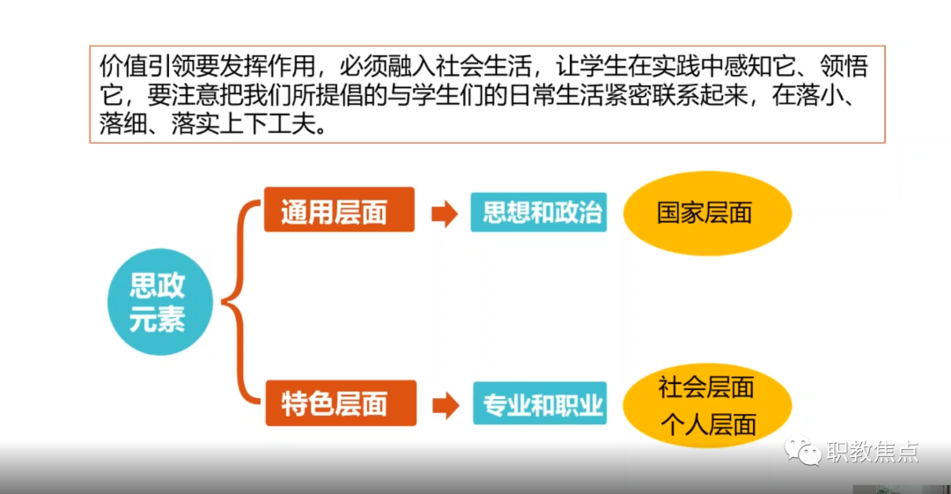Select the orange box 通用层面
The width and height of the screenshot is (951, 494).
coord(339,210)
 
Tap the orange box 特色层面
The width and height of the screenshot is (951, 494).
coord(341,403)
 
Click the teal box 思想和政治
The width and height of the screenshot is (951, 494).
coord(539,212)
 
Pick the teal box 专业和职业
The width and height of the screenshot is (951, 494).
coord(540,403)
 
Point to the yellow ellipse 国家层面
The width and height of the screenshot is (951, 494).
coord(707,213)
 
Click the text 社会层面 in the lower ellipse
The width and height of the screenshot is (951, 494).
coord(706,387)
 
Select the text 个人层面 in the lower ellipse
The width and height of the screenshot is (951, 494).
coord(708,424)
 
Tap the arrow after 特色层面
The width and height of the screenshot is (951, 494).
coord(446,405)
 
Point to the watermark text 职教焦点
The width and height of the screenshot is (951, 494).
coord(872,452)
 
